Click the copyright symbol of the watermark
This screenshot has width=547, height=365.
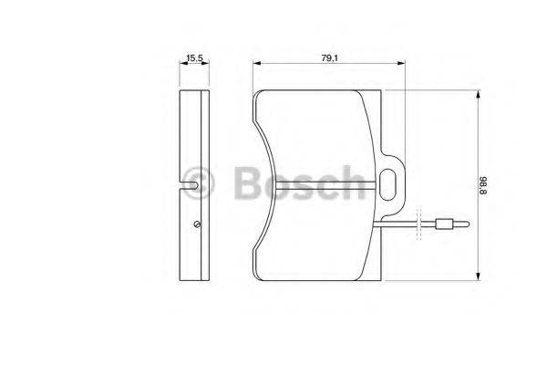click(198, 183)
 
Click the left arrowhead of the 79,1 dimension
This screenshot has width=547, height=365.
click(255, 64)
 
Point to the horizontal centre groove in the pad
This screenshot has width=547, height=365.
click(319, 186)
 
